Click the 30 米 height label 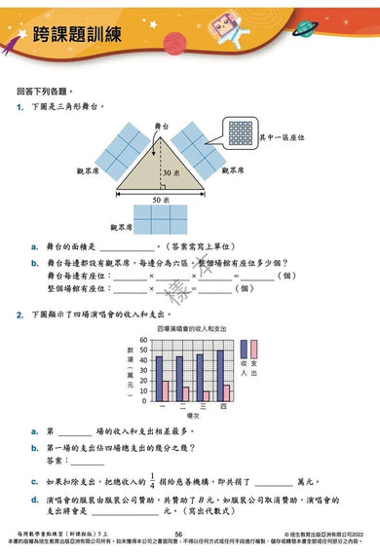[171, 171]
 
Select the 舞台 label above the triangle [161, 127]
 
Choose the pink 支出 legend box [253, 352]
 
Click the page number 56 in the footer [178, 535]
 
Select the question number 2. [19, 315]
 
